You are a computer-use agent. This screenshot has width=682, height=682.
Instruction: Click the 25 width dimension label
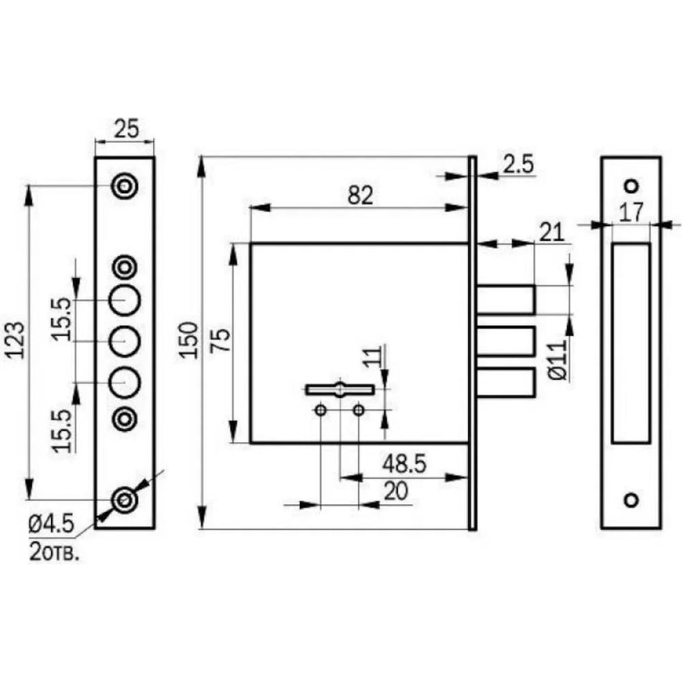126,129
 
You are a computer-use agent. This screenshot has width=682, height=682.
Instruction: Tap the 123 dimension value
15,340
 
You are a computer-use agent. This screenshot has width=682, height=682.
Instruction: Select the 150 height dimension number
189,340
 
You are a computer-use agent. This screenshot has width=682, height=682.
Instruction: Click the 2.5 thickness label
518,164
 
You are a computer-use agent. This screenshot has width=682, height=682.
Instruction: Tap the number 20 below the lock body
396,492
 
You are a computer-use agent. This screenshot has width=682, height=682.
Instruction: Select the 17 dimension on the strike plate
631,213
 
